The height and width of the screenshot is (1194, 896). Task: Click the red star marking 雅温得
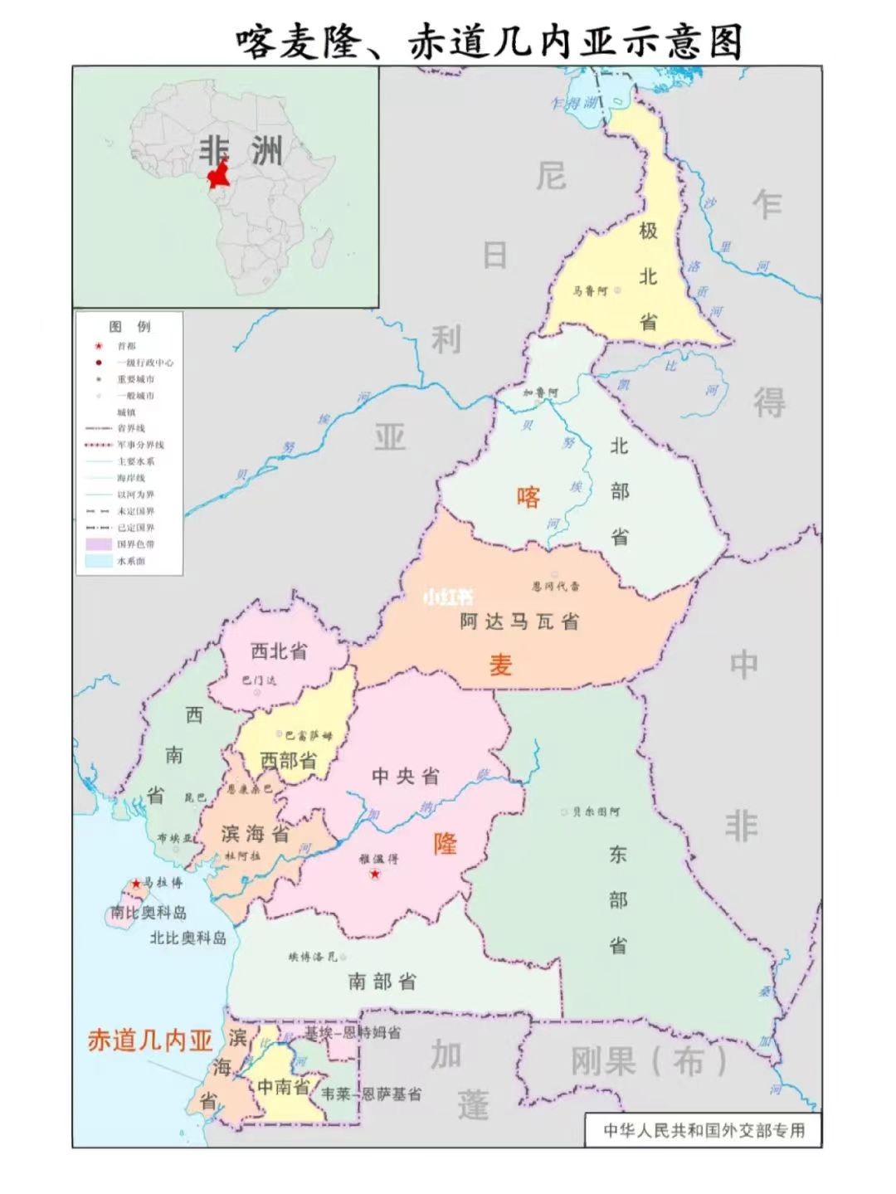tap(375, 875)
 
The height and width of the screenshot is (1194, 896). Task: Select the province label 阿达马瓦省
tap(519, 621)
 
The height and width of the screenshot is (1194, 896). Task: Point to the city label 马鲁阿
tap(590, 291)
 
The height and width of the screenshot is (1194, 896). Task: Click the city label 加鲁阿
tap(540, 392)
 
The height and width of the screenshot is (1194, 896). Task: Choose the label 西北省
tap(279, 652)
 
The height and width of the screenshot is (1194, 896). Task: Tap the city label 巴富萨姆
tap(308, 735)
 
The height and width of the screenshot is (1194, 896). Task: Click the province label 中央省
tap(405, 777)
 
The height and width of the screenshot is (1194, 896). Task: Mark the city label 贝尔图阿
tap(596, 811)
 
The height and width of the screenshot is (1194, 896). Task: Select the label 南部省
tap(382, 982)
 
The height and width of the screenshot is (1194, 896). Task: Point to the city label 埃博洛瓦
tap(313, 957)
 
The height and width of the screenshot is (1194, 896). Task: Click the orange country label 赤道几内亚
tap(150, 1040)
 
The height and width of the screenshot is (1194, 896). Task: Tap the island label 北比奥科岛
tap(187, 938)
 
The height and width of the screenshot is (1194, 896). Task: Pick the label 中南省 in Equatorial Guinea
tap(283, 1086)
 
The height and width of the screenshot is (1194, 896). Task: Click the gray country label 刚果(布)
tap(649, 1061)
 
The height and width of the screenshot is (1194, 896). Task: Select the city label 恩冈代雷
tap(555, 586)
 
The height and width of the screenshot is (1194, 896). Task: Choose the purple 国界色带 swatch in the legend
tap(99, 544)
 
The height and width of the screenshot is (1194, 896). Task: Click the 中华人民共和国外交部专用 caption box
tap(704, 1130)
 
